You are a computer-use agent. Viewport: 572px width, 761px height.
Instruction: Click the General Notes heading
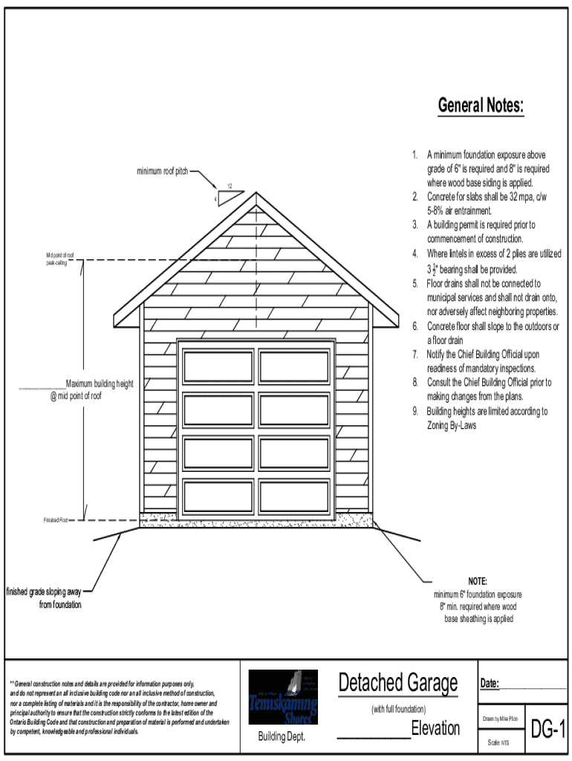(x=481, y=106)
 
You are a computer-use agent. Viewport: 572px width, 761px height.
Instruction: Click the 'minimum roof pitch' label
(x=161, y=172)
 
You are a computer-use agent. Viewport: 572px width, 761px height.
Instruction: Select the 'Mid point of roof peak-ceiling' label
(x=60, y=259)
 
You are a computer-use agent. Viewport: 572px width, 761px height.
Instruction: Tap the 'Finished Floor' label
(x=55, y=520)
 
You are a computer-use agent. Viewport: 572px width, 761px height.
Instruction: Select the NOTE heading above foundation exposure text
(x=478, y=581)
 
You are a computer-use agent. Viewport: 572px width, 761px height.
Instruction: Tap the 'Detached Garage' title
(x=398, y=682)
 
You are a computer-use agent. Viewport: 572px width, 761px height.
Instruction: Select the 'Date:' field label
(x=490, y=684)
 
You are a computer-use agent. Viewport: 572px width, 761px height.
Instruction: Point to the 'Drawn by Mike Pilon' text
(x=500, y=719)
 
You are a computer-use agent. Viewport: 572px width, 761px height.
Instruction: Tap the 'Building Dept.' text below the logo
(x=282, y=736)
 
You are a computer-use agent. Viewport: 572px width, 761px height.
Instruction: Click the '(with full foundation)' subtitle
(x=398, y=709)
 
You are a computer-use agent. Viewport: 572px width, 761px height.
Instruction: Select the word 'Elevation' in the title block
(x=435, y=728)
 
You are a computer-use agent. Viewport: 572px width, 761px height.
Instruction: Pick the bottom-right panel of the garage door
(x=294, y=496)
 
